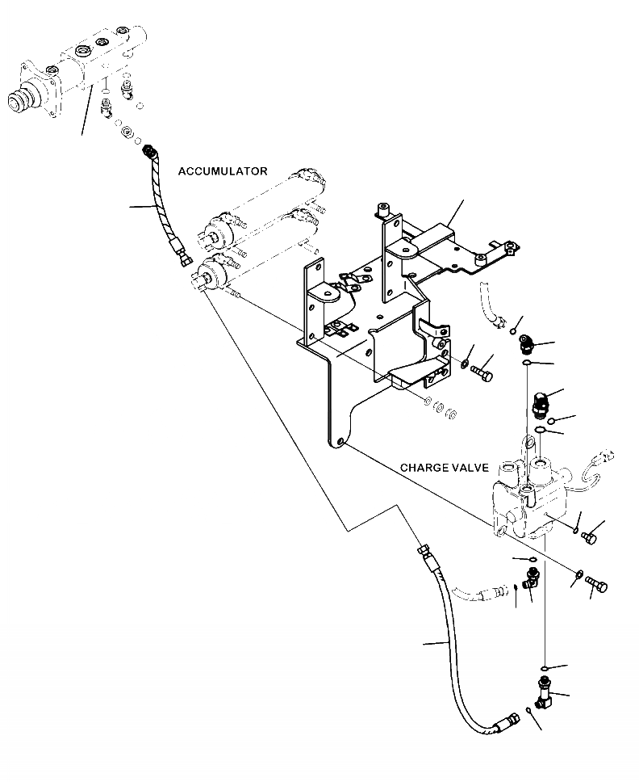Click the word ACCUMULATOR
223,171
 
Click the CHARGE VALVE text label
444,469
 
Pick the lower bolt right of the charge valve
597,584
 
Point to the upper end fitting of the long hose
422,551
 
